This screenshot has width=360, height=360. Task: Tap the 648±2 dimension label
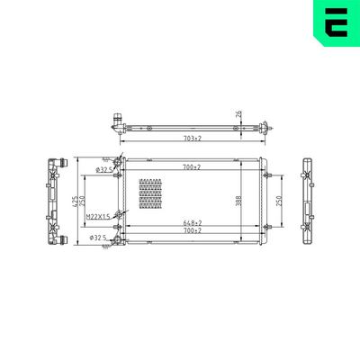[x=192, y=222]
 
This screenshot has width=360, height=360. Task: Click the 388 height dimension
[x=239, y=201]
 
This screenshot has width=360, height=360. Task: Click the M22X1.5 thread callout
[x=97, y=217]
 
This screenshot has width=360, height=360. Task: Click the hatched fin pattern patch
[x=151, y=193]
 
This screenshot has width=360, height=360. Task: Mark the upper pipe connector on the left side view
[x=63, y=163]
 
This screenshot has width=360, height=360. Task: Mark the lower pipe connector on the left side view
[x=63, y=239]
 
